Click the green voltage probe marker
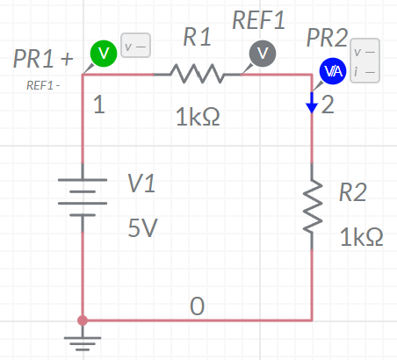[104, 54]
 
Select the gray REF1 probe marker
[263, 54]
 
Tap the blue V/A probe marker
[333, 71]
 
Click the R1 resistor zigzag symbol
[197, 74]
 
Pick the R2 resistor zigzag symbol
[313, 206]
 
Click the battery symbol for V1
[83, 198]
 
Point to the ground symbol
[83, 341]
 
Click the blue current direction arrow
[312, 103]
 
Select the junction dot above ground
[83, 320]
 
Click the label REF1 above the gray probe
[258, 20]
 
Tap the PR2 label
[327, 38]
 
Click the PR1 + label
[43, 59]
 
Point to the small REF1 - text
[43, 85]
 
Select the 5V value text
[142, 227]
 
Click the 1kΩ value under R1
[198, 117]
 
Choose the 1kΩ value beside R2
[361, 237]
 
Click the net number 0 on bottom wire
[197, 306]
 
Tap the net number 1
[99, 104]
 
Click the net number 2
[328, 104]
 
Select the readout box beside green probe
[135, 46]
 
